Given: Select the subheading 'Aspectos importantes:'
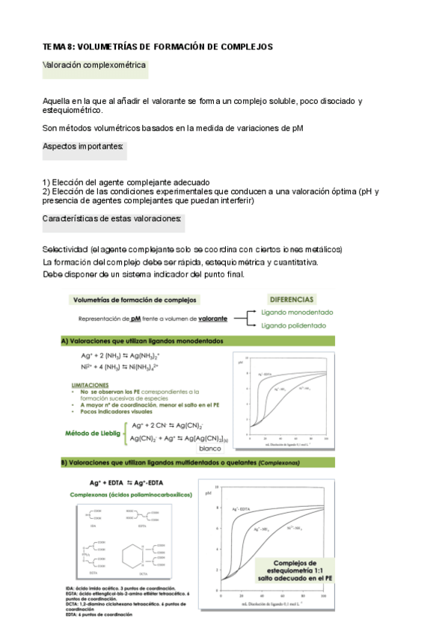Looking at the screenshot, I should (83, 147).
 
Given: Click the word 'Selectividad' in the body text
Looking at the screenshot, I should (65, 249).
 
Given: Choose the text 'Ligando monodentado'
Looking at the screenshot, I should (298, 313).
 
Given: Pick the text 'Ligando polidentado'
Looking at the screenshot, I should (294, 326).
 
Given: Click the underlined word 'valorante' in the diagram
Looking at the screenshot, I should (215, 318).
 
